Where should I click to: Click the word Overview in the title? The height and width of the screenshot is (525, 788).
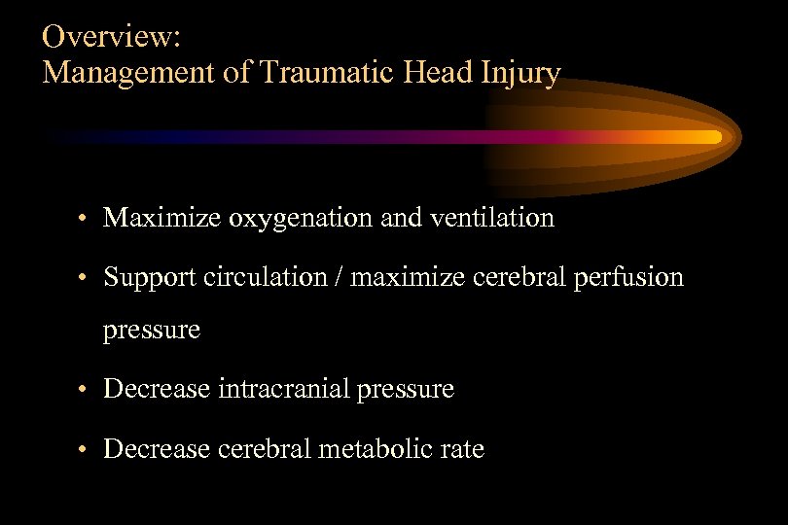(109, 38)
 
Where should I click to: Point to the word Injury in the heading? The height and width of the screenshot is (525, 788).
(525, 73)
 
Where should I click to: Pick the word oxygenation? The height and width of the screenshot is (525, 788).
(302, 219)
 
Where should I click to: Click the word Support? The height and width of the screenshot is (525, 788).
(150, 278)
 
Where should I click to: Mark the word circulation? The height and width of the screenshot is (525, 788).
(264, 277)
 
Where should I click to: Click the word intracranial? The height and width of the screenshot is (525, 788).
(285, 390)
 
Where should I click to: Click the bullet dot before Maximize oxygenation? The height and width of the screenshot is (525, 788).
(86, 219)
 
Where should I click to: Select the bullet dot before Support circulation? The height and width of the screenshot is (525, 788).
(86, 278)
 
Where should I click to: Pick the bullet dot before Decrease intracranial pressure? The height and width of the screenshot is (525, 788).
(86, 391)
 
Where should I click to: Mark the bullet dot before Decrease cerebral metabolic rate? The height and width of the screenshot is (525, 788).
(86, 450)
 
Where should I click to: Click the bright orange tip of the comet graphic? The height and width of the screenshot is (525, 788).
(713, 137)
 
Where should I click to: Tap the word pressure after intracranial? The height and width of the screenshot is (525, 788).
(406, 391)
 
